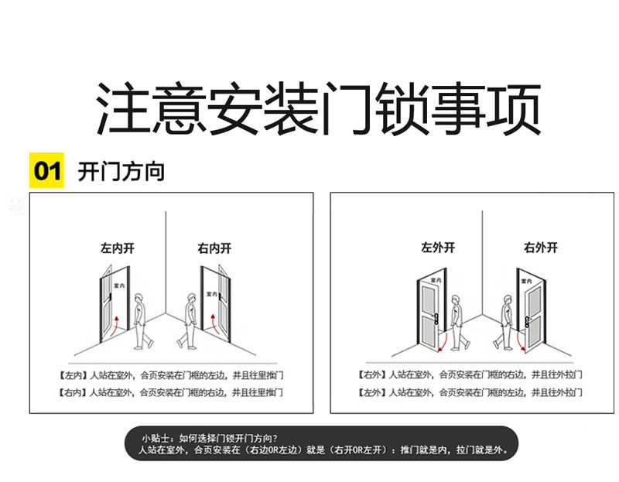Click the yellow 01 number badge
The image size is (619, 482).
point(46,171)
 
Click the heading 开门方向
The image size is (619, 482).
point(121,171)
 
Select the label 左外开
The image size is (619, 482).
point(438,248)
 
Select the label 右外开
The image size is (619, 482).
point(541,248)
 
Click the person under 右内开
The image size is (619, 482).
point(189,320)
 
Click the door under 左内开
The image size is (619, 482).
point(113,306)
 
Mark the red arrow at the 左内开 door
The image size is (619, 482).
point(116,326)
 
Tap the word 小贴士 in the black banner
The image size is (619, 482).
point(155,438)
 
